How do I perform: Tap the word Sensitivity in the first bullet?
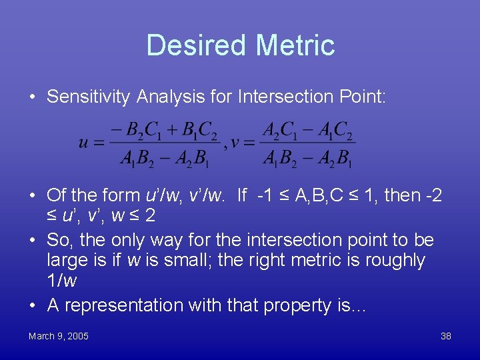(89, 97)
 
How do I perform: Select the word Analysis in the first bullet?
(164, 97)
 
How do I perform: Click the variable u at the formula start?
(83, 142)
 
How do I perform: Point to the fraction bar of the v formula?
(308, 142)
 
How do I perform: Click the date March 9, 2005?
(59, 336)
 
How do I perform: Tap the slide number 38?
(446, 336)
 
